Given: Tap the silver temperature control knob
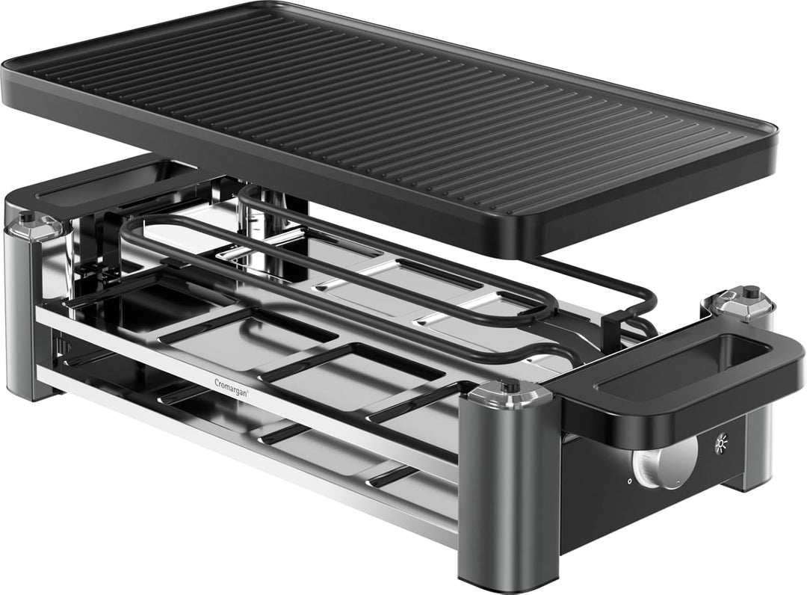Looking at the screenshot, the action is [x=665, y=462].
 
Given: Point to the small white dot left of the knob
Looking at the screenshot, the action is [x=629, y=481].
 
